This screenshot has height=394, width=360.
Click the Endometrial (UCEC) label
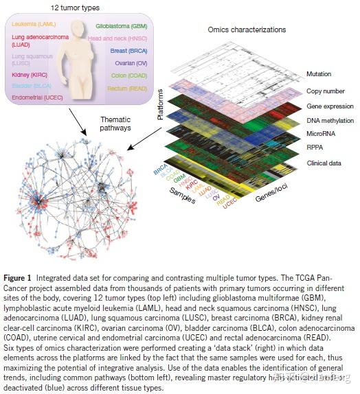point(38,97)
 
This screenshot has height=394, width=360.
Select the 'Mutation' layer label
point(319,73)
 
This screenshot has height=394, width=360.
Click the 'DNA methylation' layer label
point(326,120)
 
